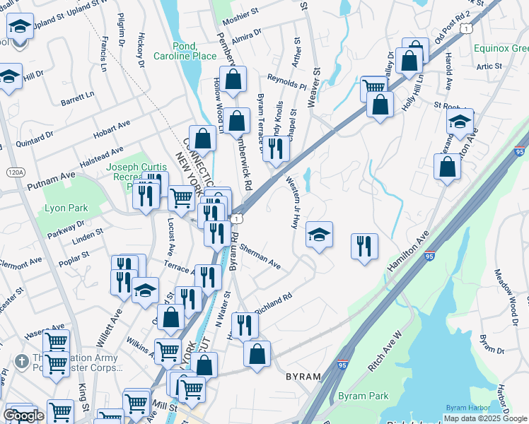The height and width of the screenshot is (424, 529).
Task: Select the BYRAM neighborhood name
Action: [303, 377]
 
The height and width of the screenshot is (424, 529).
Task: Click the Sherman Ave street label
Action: [260, 257]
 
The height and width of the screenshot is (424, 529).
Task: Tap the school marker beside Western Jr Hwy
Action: [320, 235]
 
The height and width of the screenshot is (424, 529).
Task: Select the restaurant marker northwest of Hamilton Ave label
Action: [364, 246]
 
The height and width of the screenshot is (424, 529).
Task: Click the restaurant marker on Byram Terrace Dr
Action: [276, 148]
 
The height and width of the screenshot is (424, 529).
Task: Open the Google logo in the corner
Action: [24, 416]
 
